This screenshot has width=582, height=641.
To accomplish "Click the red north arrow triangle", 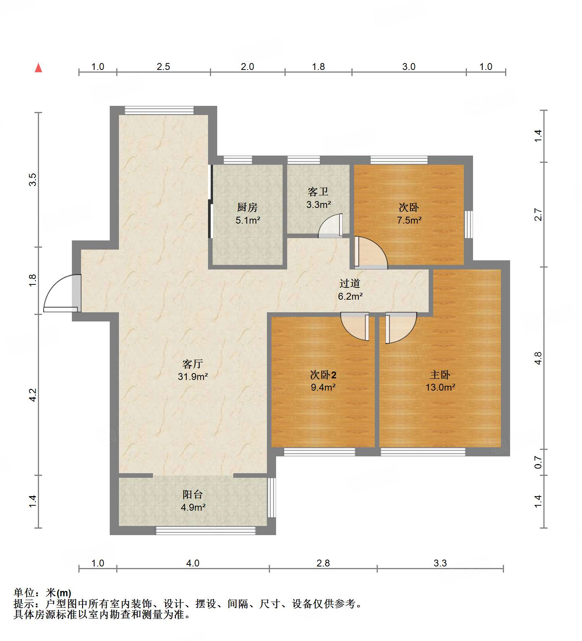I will tap(38, 68).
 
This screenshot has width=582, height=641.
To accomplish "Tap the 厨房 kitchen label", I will tap(247, 207).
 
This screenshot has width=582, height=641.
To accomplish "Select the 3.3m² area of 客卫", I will tap(318, 204).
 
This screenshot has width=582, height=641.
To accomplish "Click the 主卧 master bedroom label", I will tap(440, 375).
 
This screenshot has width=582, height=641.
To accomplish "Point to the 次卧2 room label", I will tap(323, 375).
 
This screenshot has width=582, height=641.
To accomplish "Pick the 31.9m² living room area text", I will tap(192, 376).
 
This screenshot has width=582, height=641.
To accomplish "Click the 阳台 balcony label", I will tap(192, 494).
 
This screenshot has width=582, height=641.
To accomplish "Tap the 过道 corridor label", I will tap(350, 283).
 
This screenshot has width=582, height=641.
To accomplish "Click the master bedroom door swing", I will tap(400, 327).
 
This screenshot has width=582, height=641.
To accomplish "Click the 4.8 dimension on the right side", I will tap(538, 358).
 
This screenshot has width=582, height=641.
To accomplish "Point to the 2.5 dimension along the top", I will tap(163, 67).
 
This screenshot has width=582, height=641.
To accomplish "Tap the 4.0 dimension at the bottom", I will tap(193, 563).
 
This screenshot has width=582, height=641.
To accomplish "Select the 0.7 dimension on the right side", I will tap(538, 463).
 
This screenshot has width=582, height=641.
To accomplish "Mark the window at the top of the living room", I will tap(159, 110).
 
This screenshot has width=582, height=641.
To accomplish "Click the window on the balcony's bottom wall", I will tap(205, 530).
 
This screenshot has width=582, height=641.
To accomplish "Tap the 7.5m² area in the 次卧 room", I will tap(409, 220).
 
